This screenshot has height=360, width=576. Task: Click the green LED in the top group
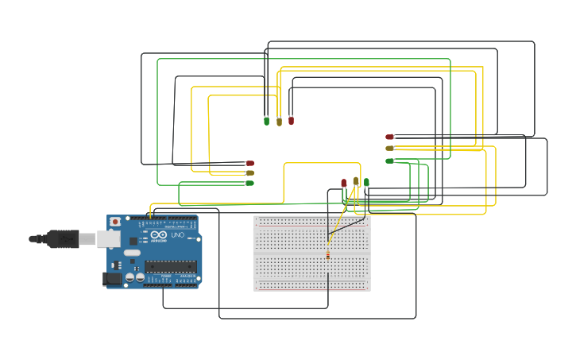266,121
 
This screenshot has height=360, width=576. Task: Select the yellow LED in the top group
279,122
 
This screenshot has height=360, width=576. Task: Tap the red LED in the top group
291,121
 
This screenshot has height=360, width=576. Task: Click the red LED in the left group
249,163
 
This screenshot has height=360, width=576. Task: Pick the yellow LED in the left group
249,172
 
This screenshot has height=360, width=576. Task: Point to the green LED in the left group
249,183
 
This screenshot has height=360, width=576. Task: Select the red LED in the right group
389,137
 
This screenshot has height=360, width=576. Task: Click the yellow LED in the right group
389,148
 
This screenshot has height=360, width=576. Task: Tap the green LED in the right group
389,161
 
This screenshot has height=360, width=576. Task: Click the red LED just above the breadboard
344,183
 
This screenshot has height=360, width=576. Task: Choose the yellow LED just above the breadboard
356,182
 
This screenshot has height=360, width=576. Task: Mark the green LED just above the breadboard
366,183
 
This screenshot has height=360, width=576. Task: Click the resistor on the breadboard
328,254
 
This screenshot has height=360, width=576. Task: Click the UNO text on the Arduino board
177,235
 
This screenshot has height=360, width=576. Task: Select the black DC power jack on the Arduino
112,278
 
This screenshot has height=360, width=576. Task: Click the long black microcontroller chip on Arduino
170,266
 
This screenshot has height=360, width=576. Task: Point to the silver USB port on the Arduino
109,238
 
